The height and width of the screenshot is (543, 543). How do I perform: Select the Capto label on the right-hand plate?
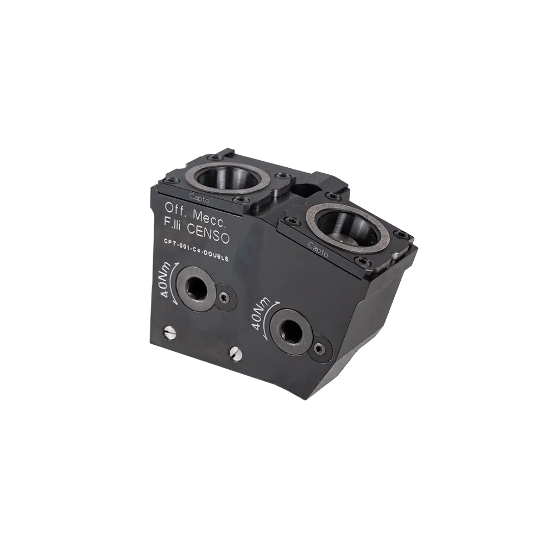(x=318, y=249)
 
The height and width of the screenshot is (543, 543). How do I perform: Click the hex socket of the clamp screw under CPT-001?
(x=195, y=287)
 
